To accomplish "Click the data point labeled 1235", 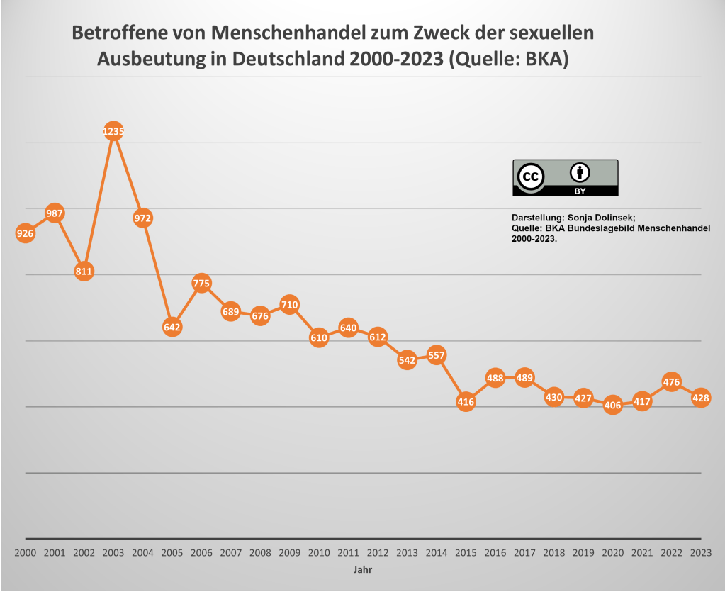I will click(113, 131).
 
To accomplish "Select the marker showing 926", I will click(25, 233).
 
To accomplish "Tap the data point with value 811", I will click(84, 271).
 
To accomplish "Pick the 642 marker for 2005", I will click(172, 327).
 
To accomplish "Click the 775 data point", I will click(201, 284).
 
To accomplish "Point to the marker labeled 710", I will click(289, 305).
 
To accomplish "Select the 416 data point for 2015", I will click(466, 402).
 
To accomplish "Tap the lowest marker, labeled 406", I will click(613, 406).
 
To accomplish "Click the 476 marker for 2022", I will click(671, 382).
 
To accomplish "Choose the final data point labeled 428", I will click(701, 398).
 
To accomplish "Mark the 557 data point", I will click(437, 355).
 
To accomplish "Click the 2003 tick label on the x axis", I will click(113, 553).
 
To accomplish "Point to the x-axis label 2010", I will click(319, 553).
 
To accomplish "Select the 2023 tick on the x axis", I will click(701, 553).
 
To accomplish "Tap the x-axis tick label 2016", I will click(495, 553).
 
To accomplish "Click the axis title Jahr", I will click(362, 569).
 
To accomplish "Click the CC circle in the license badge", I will click(531, 177).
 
